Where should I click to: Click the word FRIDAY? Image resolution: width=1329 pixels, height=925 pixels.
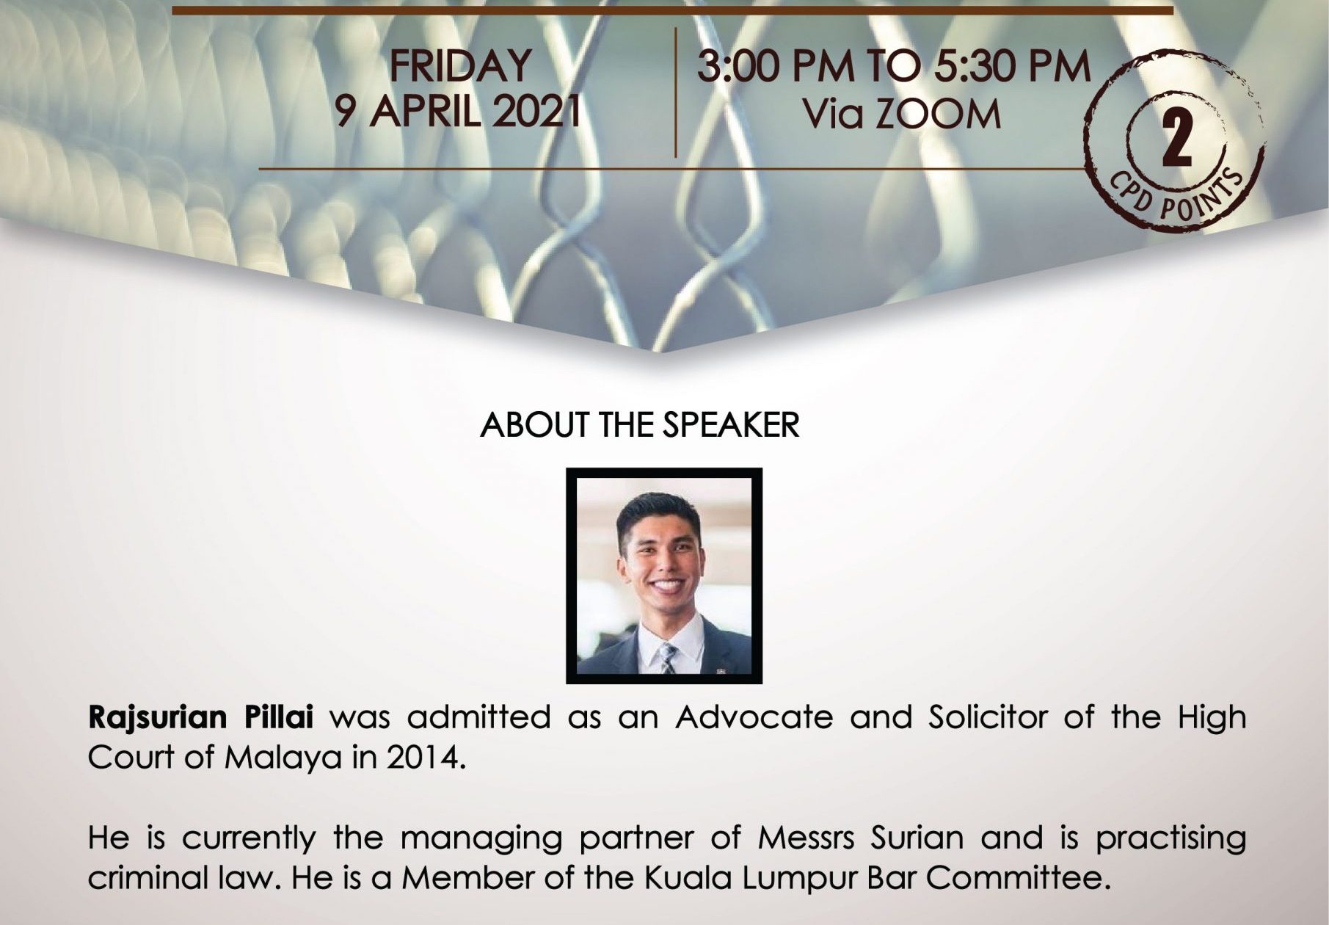460,65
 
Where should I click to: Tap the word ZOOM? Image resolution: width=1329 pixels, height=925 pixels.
942,114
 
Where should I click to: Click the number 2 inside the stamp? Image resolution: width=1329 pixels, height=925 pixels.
1176,144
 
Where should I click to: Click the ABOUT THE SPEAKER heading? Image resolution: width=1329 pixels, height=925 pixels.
640,426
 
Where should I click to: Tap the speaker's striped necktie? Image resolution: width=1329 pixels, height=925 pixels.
667,658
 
